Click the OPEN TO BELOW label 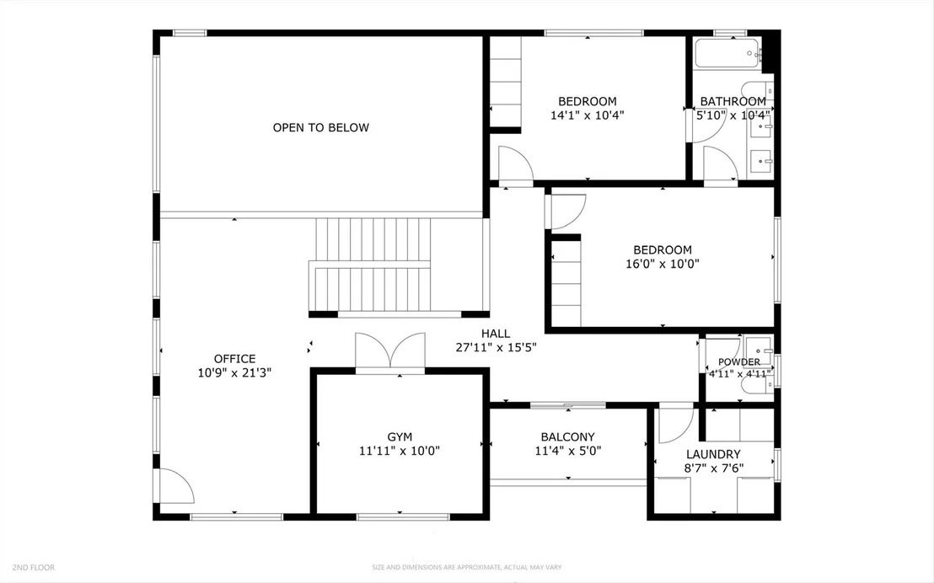point(320,127)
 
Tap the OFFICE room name point(234,359)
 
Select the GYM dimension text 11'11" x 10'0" point(399,451)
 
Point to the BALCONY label point(567,437)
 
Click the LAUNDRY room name point(713,454)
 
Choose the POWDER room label point(738,362)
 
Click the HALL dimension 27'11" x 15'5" point(497,347)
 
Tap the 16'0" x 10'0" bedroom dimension point(662,264)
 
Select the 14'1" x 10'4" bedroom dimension point(587,115)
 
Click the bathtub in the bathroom point(728,54)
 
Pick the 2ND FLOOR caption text point(34,568)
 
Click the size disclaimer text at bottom point(466,568)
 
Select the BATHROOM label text point(733,101)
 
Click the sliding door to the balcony point(567,405)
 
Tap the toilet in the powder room point(756,385)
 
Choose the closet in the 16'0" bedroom point(566,283)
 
